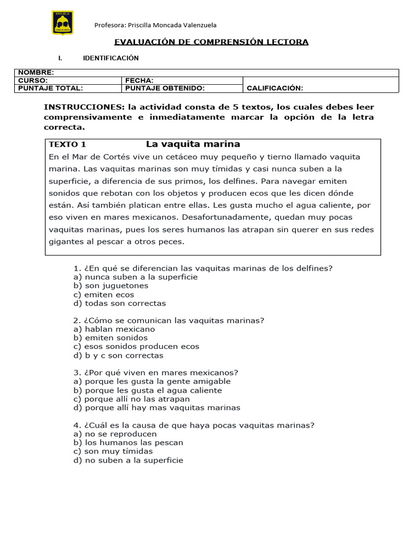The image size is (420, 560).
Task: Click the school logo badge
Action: tap(62, 23)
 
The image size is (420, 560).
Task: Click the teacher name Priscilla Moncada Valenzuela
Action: tap(155, 25)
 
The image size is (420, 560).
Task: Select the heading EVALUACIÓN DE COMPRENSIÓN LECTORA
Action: tap(211, 42)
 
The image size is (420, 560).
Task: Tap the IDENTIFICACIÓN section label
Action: tap(110, 58)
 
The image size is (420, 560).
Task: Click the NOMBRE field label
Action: tap(36, 73)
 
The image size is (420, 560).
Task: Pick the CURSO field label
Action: tap(33, 80)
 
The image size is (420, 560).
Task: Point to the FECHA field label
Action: tap(139, 80)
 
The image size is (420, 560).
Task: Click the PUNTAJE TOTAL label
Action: tap(50, 88)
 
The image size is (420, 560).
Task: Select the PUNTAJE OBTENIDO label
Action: tap(165, 88)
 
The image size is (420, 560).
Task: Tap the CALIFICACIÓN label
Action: tap(275, 88)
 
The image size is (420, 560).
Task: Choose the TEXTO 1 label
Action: tap(68, 145)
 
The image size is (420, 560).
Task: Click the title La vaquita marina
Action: tap(193, 144)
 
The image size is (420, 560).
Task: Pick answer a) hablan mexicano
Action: tap(114, 329)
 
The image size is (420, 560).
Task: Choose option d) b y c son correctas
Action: tap(118, 355)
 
